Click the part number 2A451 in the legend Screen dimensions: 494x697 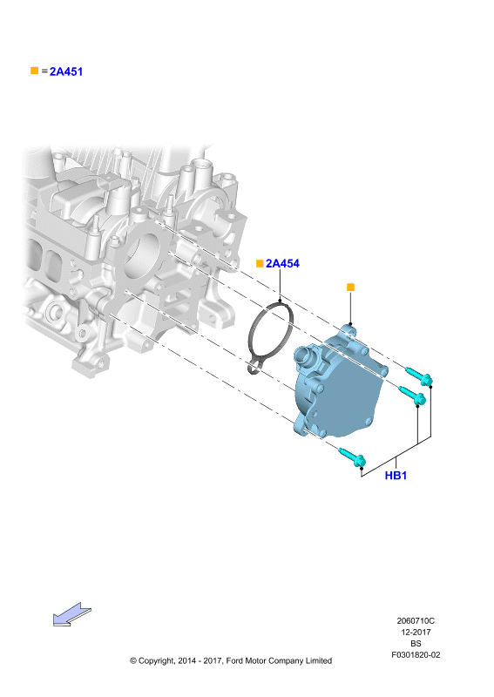[x=66, y=71]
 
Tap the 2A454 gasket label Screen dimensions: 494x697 [x=282, y=264]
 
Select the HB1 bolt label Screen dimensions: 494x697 [x=396, y=475]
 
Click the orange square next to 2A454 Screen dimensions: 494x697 [x=260, y=264]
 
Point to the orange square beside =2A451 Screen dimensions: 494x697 [x=34, y=71]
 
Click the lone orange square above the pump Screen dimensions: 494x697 [x=350, y=288]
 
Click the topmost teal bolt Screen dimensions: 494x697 [x=419, y=376]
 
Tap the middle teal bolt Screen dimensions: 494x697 [x=412, y=395]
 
